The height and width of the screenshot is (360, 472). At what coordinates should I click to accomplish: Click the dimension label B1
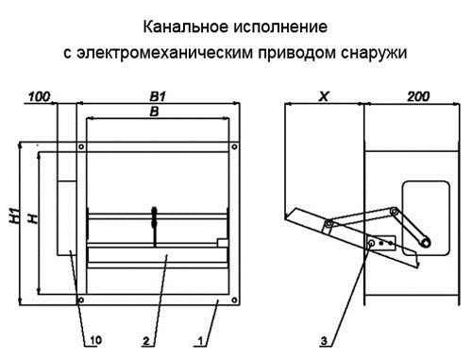tap(158, 96)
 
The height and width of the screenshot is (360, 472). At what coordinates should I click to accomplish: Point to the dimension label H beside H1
tap(32, 219)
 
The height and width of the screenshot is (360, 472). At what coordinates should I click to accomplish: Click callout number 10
tap(93, 337)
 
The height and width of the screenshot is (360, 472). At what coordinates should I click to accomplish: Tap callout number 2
tap(147, 337)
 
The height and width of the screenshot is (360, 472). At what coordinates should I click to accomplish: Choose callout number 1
tap(199, 337)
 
